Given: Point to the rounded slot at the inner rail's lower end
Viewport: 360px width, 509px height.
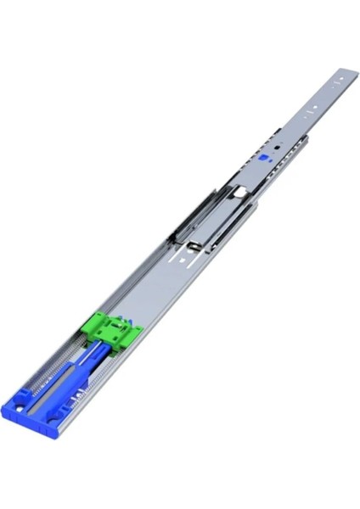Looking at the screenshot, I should tap(194, 246).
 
